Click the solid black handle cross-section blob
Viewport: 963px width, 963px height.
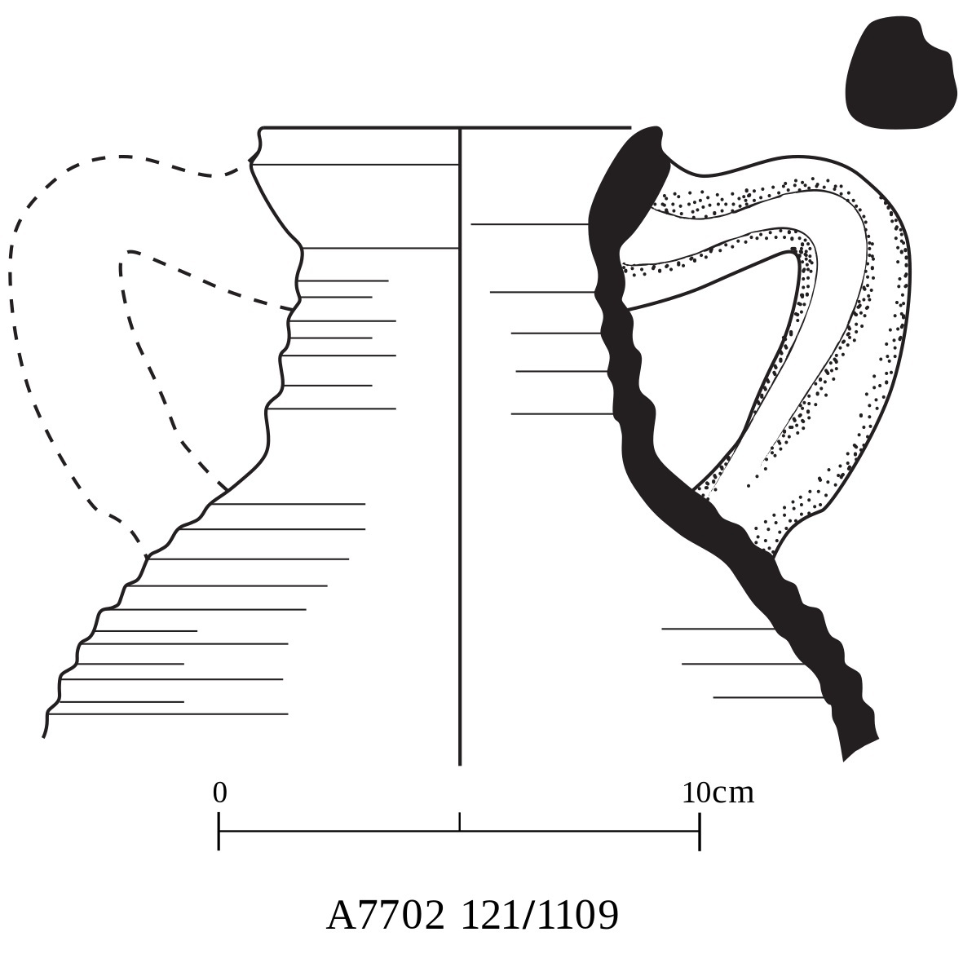point(899,73)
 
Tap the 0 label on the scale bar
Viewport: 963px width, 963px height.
point(219,793)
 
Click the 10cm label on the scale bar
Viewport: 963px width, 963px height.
point(718,793)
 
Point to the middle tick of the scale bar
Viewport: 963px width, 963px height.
point(460,822)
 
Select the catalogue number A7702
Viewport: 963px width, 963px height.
point(386,916)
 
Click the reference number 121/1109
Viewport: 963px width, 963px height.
point(540,916)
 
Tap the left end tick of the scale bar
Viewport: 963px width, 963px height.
point(219,832)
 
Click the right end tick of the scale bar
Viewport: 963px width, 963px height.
point(699,832)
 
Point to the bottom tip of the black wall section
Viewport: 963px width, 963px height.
point(848,754)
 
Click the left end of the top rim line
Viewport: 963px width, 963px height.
point(263,128)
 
